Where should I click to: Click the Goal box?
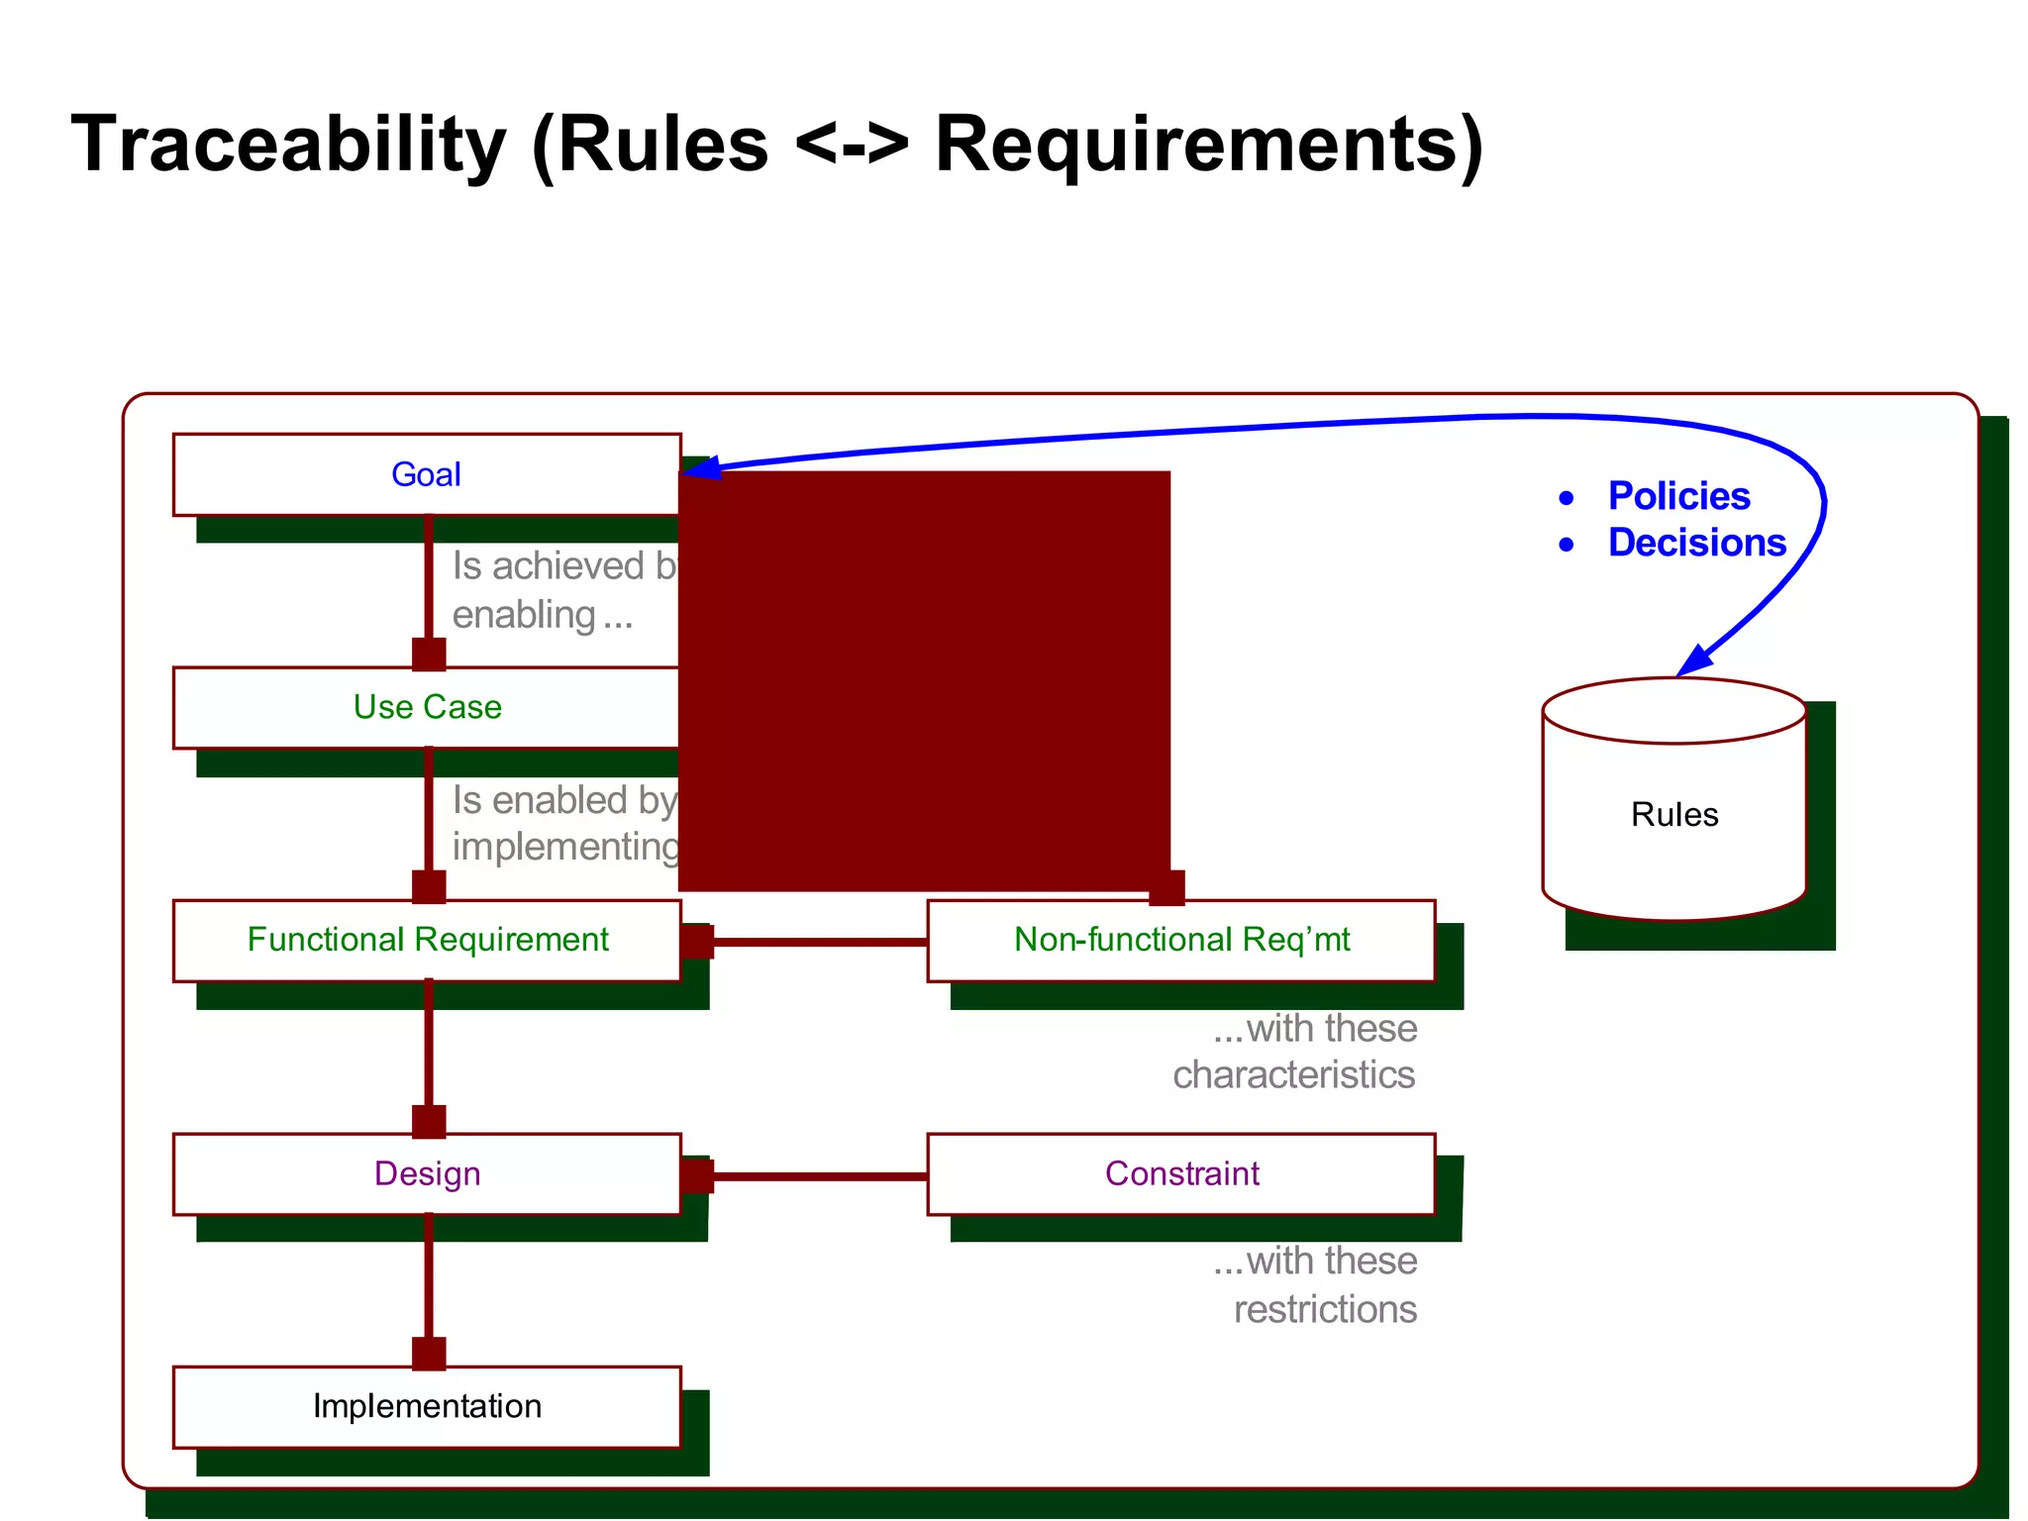(x=426, y=474)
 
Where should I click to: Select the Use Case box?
(x=426, y=707)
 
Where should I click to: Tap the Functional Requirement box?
(x=426, y=940)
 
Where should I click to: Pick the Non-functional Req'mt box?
(x=1180, y=940)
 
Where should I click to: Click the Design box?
(x=426, y=1173)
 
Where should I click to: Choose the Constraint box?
(x=1180, y=1173)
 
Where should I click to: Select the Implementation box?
(x=426, y=1406)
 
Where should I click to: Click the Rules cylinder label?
(x=1673, y=815)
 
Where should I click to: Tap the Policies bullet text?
(x=1678, y=496)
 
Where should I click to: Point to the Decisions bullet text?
(x=1696, y=543)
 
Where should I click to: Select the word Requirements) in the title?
(x=1208, y=145)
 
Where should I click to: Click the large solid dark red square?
(x=924, y=680)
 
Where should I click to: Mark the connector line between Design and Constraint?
(x=820, y=1176)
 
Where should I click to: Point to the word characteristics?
(x=1293, y=1075)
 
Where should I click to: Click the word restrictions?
(x=1325, y=1309)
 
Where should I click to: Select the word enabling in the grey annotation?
(x=524, y=615)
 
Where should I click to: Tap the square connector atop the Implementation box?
(x=429, y=1353)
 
